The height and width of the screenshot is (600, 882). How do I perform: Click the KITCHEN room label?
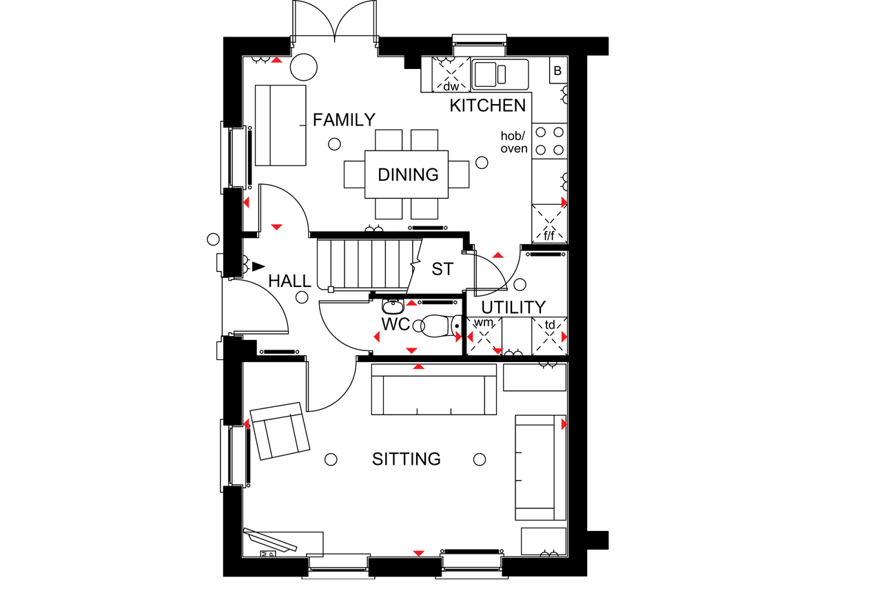487,106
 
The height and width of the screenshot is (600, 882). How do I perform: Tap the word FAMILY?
344,120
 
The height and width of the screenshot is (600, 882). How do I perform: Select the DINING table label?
408,174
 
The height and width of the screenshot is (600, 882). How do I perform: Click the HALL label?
289,281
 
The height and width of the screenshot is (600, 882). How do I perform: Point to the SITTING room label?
407,459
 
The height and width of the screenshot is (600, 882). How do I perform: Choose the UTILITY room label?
513,308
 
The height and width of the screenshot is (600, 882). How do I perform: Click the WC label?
396,324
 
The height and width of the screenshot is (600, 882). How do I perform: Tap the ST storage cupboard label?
442,269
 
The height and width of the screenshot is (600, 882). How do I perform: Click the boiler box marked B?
558,70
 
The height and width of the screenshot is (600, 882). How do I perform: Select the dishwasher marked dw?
451,74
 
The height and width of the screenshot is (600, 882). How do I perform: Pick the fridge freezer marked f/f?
549,223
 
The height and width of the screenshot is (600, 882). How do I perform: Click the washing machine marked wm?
484,337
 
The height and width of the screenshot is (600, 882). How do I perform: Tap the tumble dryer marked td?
550,337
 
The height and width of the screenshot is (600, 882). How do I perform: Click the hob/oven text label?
514,142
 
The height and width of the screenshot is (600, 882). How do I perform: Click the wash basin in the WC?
393,306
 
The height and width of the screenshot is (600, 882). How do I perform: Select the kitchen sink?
500,74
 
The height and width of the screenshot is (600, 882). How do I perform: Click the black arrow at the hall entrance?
258,266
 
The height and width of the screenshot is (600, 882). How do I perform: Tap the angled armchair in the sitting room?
280,431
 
